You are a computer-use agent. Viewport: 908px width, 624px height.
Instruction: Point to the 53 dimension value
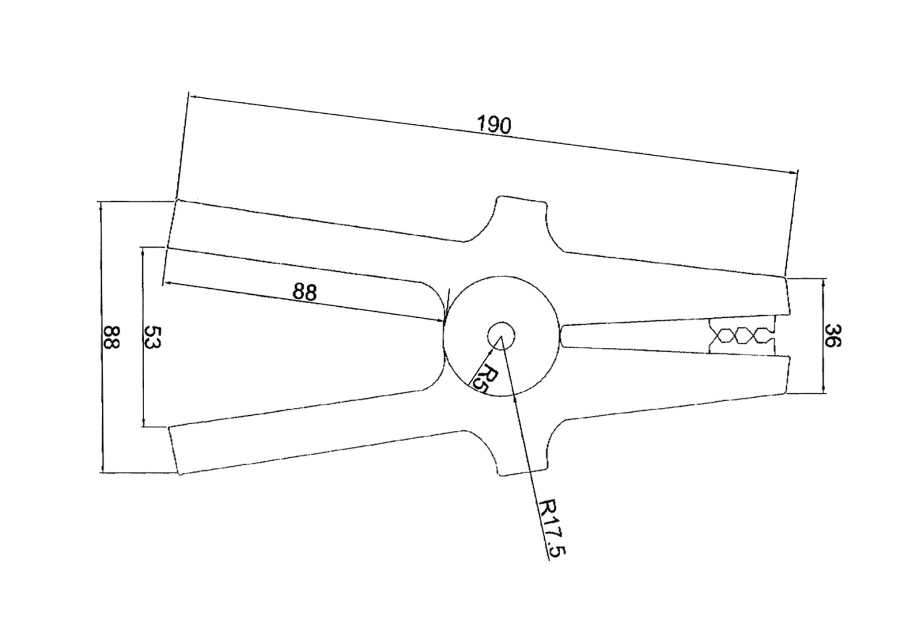[153, 337]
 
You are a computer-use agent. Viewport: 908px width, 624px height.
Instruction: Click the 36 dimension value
[832, 335]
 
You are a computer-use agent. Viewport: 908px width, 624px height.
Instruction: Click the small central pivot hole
[501, 336]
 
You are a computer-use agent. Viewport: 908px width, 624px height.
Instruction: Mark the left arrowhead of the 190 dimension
[193, 97]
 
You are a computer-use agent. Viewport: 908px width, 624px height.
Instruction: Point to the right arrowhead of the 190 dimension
[793, 172]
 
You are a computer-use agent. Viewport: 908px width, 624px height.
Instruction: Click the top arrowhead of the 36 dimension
[823, 283]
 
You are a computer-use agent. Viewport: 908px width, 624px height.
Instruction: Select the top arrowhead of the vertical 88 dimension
[101, 206]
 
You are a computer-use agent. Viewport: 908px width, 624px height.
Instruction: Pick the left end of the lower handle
[175, 450]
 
